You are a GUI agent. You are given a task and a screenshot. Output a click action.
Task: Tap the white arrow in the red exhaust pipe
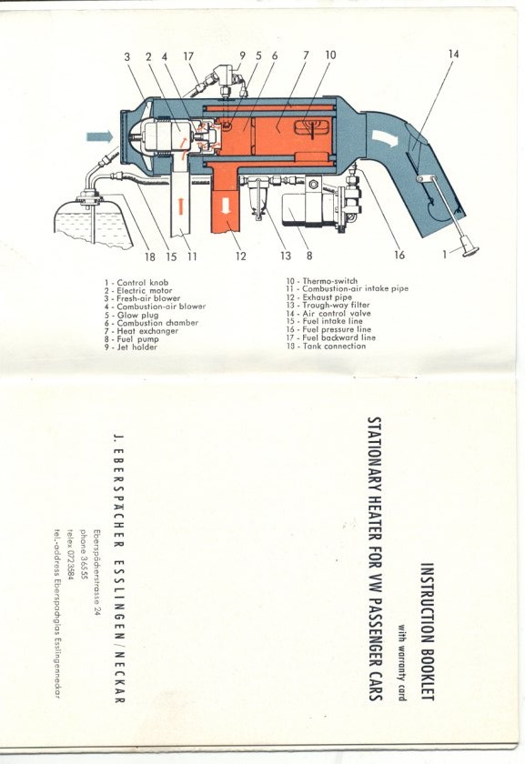click(226, 206)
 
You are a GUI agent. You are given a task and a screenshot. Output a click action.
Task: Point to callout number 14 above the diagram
click(453, 54)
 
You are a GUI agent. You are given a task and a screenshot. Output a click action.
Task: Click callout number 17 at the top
click(188, 56)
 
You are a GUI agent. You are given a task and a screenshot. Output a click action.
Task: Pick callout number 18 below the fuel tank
click(149, 256)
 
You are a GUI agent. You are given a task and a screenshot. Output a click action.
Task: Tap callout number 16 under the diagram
click(399, 255)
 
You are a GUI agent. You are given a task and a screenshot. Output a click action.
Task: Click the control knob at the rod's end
click(470, 251)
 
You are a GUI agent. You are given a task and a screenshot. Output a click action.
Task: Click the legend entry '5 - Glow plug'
click(131, 315)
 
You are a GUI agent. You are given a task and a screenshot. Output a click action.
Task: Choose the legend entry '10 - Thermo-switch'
click(322, 281)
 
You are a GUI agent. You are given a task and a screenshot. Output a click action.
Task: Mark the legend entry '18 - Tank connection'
click(326, 346)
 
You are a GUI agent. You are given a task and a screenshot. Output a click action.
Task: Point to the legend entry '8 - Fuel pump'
click(131, 338)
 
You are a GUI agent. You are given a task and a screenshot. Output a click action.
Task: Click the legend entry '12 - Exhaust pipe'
click(318, 297)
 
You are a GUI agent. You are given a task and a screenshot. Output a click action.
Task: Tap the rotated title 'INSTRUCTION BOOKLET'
click(427, 632)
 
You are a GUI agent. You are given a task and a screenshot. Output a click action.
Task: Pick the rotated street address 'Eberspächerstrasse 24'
click(96, 573)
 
